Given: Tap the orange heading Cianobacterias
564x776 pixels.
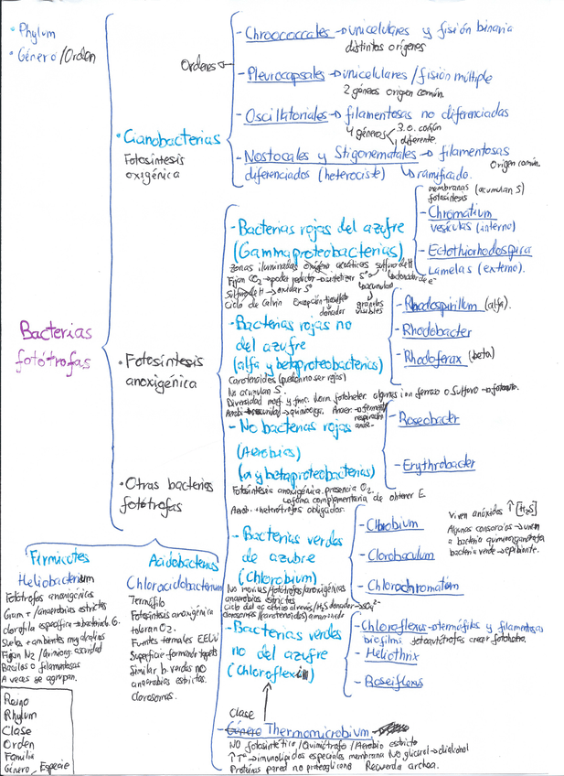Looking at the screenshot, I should pos(172,140).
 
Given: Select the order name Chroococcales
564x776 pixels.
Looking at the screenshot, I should pos(289,34).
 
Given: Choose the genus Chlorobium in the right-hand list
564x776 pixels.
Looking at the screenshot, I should pos(392,525).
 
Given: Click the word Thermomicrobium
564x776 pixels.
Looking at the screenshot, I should pos(316,732).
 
